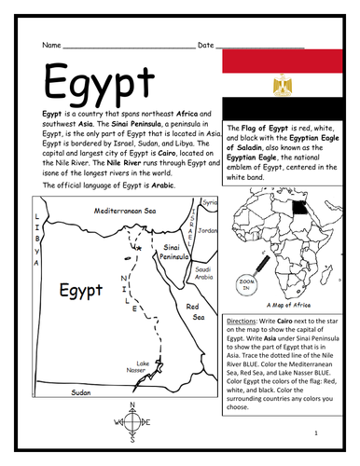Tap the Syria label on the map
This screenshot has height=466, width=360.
click(x=210, y=201)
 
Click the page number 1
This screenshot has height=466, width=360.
click(x=316, y=433)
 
